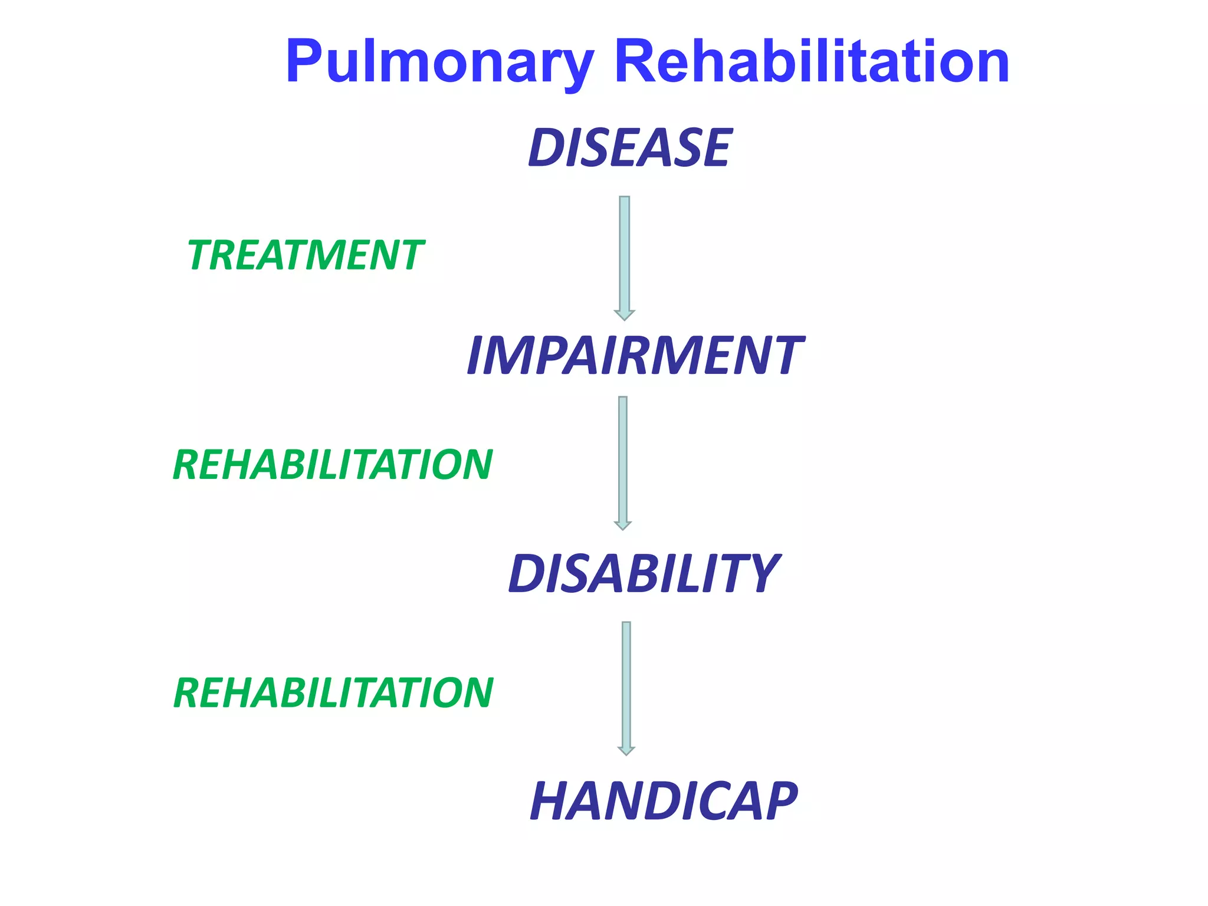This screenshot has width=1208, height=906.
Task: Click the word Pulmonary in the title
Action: (x=439, y=62)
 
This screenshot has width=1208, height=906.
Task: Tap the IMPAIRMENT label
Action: (x=634, y=355)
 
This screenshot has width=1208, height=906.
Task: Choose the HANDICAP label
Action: (x=663, y=800)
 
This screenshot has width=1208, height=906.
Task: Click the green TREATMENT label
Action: (x=305, y=255)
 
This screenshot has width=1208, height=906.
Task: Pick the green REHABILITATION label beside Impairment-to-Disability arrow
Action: (x=332, y=465)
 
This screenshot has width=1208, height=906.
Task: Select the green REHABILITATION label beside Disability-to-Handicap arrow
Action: (x=333, y=692)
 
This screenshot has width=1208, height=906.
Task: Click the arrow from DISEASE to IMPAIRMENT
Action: (x=625, y=254)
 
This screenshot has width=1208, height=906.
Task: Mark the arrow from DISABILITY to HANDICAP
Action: (x=626, y=684)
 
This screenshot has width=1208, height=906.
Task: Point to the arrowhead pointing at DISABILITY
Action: (x=623, y=525)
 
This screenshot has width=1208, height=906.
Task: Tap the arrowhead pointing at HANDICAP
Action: (x=626, y=750)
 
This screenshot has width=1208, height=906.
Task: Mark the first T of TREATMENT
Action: (x=202, y=255)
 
